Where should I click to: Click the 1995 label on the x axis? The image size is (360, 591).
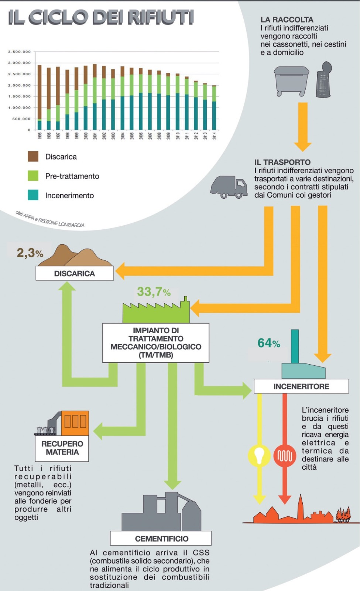pyautogui.click(x=40, y=136)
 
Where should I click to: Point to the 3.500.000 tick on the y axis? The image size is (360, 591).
pyautogui.click(x=20, y=52)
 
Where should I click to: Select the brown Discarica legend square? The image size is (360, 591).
pyautogui.click(x=33, y=156)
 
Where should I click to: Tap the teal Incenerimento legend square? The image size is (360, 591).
pyautogui.click(x=33, y=195)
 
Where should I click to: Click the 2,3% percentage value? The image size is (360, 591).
pyautogui.click(x=30, y=253)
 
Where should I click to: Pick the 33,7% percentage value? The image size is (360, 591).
pyautogui.click(x=154, y=291)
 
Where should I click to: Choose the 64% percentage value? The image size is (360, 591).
pyautogui.click(x=269, y=343)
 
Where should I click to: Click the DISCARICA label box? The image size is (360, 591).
pyautogui.click(x=75, y=273)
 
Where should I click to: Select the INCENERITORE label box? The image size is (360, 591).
pyautogui.click(x=301, y=386)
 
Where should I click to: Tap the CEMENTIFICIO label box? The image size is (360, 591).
pyautogui.click(x=161, y=538)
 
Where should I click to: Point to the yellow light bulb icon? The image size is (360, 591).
pyautogui.click(x=259, y=455)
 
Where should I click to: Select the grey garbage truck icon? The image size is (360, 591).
pyautogui.click(x=229, y=187)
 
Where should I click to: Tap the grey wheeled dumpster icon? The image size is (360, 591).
pyautogui.click(x=291, y=81)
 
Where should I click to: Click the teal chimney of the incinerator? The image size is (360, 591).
pyautogui.click(x=295, y=346)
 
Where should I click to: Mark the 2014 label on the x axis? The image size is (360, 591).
pyautogui.click(x=215, y=136)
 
